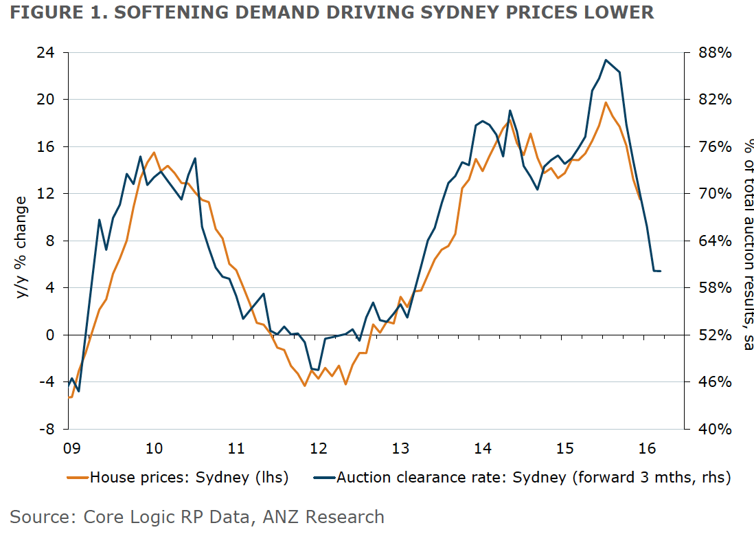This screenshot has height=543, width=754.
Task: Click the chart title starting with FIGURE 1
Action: (x=328, y=13)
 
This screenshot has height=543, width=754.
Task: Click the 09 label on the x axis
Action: (x=71, y=449)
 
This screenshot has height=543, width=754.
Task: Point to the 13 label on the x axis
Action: (x=400, y=449)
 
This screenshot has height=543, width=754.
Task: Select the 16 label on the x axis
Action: (x=646, y=449)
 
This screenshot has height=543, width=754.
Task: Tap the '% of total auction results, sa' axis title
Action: (x=746, y=245)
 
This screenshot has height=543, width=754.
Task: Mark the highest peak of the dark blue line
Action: (x=606, y=60)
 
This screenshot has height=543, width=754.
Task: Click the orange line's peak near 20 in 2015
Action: (x=606, y=102)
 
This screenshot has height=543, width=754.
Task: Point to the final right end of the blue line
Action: (x=660, y=271)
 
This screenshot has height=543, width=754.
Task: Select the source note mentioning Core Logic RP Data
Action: (x=197, y=517)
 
